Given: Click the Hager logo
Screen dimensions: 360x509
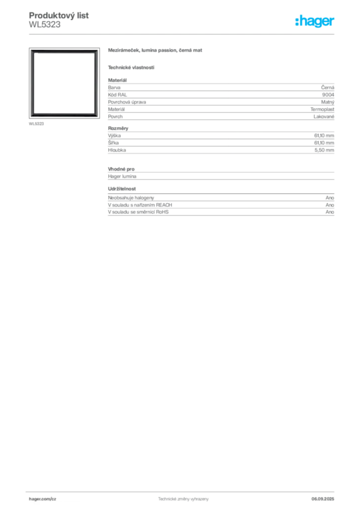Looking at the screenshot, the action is coord(315,21).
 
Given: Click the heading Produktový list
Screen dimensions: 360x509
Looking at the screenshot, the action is coord(59,15).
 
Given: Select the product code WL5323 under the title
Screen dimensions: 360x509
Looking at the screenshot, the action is coord(44,25).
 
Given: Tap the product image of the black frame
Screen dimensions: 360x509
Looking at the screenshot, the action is coord(64,83).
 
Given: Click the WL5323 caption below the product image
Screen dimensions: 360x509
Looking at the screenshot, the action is coord(36,124).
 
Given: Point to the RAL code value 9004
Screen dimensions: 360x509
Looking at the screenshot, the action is coord(328,95).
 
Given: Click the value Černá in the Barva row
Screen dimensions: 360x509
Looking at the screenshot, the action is coord(328,87).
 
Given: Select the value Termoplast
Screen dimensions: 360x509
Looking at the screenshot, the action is coord(322,109).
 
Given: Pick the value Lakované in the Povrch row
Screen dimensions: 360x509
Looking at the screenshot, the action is coord(324,116).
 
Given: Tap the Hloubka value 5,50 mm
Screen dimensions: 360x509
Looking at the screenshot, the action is coord(324,150).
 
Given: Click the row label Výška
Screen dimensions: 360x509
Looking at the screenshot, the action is coord(114,135).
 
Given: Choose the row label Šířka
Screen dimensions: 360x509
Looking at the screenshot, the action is coord(113,143).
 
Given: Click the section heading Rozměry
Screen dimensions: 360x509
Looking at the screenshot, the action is coord(118,128).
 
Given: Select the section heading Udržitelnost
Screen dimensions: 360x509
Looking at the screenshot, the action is coord(122,188).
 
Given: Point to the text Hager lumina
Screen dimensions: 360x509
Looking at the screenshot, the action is coord(122,176).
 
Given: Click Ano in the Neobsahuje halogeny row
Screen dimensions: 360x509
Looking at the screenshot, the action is coord(330,198).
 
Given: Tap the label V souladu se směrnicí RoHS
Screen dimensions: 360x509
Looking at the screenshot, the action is coord(138,212).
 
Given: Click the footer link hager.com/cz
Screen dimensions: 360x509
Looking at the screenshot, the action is coord(43,499).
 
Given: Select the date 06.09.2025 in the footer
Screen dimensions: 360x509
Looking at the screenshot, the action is coord(323,499).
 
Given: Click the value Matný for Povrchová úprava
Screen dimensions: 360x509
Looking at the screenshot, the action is coord(328,102).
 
